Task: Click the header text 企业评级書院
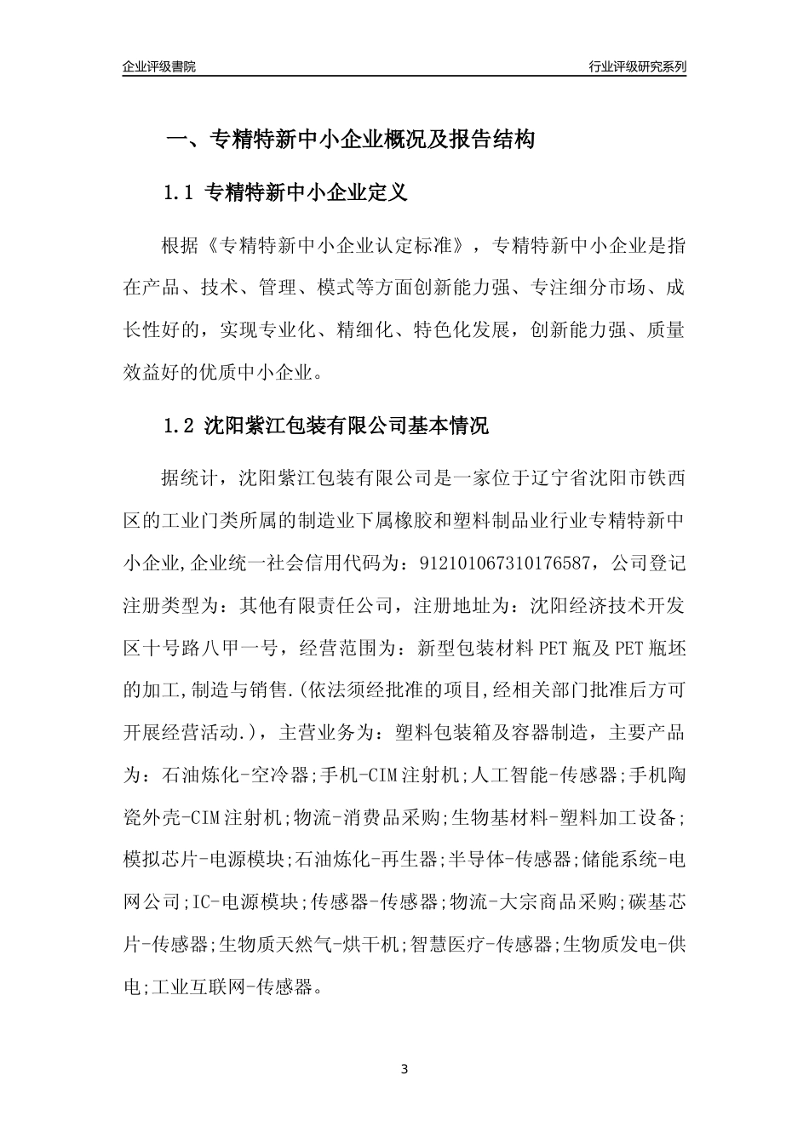click(x=159, y=66)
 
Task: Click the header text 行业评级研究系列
click(x=637, y=66)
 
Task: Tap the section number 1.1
click(x=180, y=193)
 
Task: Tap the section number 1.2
click(x=180, y=426)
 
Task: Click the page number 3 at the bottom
click(x=404, y=1069)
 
